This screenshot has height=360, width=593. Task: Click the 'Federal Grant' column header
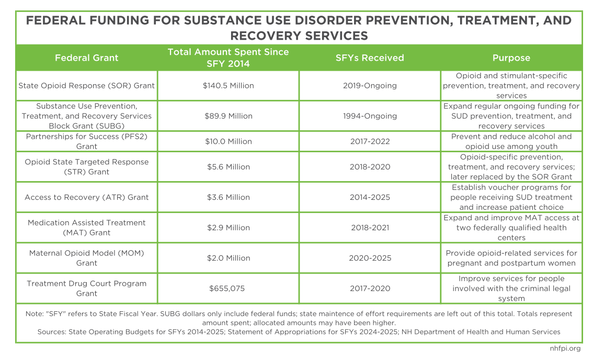[x=87, y=58]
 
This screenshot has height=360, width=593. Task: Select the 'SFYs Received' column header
[x=370, y=58]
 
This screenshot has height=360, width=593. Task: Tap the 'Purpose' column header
[x=511, y=58]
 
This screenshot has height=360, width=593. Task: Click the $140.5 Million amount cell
[x=228, y=85]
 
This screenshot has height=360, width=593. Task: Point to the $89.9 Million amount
[x=228, y=116]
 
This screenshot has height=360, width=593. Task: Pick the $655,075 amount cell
[x=228, y=288]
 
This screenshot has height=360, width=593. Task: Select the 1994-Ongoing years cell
[x=370, y=116]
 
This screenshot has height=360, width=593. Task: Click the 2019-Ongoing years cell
[x=370, y=85]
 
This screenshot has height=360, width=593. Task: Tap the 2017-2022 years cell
[x=370, y=141]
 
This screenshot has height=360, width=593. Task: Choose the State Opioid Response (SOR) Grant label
[x=87, y=85]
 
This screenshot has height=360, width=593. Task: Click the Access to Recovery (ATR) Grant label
[x=87, y=197]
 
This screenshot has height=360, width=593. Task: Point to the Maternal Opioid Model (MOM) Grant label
[x=87, y=258]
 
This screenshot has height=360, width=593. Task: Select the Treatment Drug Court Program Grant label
[x=87, y=288]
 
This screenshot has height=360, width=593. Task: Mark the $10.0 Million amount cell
[x=228, y=141]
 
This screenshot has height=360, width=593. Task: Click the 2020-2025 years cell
[x=370, y=258]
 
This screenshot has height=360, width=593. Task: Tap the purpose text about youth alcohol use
[x=511, y=141]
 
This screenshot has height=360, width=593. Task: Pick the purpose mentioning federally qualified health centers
[x=511, y=228]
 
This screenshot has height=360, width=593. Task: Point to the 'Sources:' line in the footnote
[x=299, y=332]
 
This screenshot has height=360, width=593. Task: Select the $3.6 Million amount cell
[x=228, y=197]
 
